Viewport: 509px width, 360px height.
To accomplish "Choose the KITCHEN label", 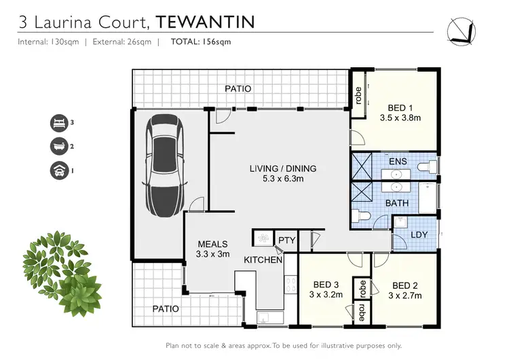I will pyautogui.click(x=263, y=260).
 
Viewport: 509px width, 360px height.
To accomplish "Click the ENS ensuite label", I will pyautogui.click(x=398, y=161).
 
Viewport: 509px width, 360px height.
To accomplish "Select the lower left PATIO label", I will pyautogui.click(x=166, y=308).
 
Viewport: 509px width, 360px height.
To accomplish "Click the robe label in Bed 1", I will pyautogui.click(x=357, y=95).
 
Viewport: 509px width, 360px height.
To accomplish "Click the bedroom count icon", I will pyautogui.click(x=59, y=123).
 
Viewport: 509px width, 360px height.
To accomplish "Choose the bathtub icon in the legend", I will pyautogui.click(x=59, y=146).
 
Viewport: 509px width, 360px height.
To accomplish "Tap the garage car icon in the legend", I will pyautogui.click(x=59, y=170).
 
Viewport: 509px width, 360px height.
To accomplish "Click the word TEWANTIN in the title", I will pyautogui.click(x=206, y=22).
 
